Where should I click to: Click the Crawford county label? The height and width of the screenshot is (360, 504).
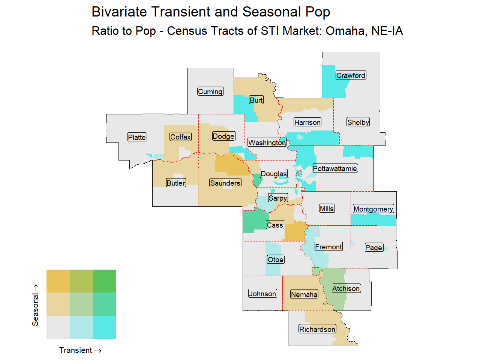pos(351,75)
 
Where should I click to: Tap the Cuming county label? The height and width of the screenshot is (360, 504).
pos(210,91)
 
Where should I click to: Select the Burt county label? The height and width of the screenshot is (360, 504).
pos(256,100)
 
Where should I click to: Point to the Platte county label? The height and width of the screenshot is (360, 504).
pos(137,137)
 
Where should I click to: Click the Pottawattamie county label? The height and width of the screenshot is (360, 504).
pos(335,168)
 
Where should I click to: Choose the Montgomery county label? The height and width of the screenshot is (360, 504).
pos(373,209)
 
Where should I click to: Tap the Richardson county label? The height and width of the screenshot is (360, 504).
pos(317,329)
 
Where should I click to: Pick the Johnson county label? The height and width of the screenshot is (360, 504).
pos(262,294)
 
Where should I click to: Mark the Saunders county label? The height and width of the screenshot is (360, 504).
pos(225,183)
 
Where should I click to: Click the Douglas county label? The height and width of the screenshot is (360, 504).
pos(274,174)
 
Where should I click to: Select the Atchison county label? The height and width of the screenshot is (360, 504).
pos(346,288)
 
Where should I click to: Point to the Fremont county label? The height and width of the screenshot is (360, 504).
pos(328,247)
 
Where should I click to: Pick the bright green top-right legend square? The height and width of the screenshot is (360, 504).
pos(104,281)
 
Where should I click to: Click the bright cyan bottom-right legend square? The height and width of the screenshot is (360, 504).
pos(104,327)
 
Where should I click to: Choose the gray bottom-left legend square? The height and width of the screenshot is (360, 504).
pos(58,327)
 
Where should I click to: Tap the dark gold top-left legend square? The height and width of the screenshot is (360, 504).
pos(58,281)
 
